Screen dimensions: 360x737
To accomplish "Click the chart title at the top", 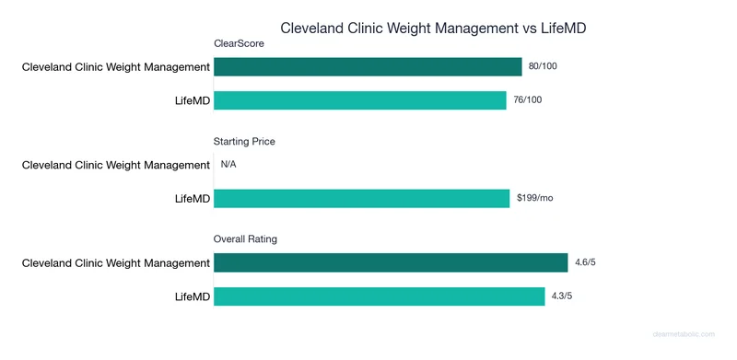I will [433, 29].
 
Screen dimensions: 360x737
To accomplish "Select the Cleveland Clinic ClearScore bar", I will [368, 67].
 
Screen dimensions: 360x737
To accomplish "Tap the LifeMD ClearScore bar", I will [360, 100].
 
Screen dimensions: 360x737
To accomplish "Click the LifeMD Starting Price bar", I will [361, 199].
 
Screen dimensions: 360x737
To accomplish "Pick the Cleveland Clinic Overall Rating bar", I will [391, 263].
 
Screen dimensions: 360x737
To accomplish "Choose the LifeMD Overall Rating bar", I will [379, 296].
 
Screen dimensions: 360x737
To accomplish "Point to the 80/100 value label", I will [543, 67].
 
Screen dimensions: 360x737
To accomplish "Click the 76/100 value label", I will [528, 100].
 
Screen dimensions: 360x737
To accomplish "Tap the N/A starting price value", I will [228, 166].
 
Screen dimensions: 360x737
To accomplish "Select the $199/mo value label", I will [534, 199].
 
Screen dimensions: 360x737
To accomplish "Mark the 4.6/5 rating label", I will [586, 263].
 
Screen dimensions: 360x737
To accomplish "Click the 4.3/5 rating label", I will [563, 296].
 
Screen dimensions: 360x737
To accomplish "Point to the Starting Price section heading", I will [244, 142].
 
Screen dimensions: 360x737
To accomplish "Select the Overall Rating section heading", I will [246, 239].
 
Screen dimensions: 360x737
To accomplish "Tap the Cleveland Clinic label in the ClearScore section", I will [116, 67].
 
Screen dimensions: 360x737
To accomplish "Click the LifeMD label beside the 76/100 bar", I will [192, 100].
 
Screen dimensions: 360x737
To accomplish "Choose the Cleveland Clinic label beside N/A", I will [116, 166].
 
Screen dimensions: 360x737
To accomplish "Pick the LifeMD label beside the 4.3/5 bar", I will [192, 296].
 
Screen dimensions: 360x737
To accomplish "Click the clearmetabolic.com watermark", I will [689, 336].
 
